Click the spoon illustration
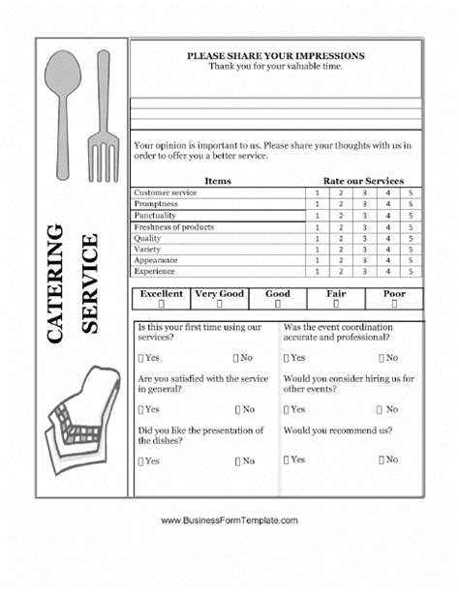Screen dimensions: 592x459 65,111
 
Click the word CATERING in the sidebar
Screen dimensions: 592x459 54,281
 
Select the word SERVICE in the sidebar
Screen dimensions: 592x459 89,283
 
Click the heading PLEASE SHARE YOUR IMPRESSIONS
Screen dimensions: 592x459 276,56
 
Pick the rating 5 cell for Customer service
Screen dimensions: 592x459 411,193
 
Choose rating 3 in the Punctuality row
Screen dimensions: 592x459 364,216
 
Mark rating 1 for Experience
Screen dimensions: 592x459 318,272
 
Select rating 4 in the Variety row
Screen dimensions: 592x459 387,250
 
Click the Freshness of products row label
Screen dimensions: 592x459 174,227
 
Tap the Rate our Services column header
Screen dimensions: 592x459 363,181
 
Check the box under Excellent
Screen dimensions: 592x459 161,304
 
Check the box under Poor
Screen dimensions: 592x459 395,304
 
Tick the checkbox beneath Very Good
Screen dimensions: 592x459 220,304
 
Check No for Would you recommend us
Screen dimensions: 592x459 382,459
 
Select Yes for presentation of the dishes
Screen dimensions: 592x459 141,461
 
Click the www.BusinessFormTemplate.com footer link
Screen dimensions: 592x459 229,521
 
